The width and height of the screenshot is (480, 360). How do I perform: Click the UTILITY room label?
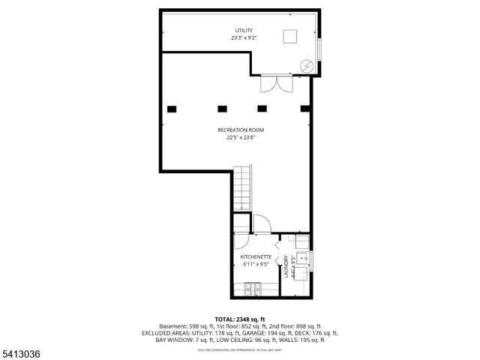(x=244, y=31)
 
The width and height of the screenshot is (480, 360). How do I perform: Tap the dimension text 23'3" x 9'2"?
(x=244, y=38)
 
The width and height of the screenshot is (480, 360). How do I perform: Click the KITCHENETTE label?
(x=255, y=256)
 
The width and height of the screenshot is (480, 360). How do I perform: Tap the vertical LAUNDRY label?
(x=286, y=268)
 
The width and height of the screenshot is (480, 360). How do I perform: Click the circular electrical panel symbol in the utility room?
(x=305, y=66)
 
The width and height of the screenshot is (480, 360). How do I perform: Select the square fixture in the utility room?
(x=290, y=37)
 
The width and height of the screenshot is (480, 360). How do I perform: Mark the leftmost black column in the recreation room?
(x=172, y=109)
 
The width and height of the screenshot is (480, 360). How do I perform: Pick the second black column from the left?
(x=221, y=109)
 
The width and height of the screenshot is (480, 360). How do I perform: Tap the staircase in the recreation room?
(x=242, y=189)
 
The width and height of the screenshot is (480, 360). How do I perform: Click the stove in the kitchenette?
(x=253, y=288)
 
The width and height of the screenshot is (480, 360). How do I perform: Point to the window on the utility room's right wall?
(x=319, y=47)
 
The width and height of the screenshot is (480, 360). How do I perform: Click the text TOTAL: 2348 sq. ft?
(x=240, y=319)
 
